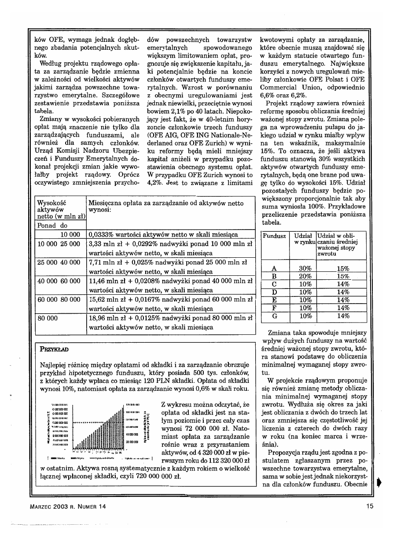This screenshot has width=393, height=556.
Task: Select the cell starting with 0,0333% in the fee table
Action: (x=163, y=234)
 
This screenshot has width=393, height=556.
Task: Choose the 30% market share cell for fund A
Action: (x=305, y=268)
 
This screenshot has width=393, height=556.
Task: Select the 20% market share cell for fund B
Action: (x=305, y=276)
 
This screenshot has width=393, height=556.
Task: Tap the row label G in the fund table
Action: (x=275, y=316)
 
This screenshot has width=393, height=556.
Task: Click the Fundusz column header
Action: (x=275, y=236)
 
